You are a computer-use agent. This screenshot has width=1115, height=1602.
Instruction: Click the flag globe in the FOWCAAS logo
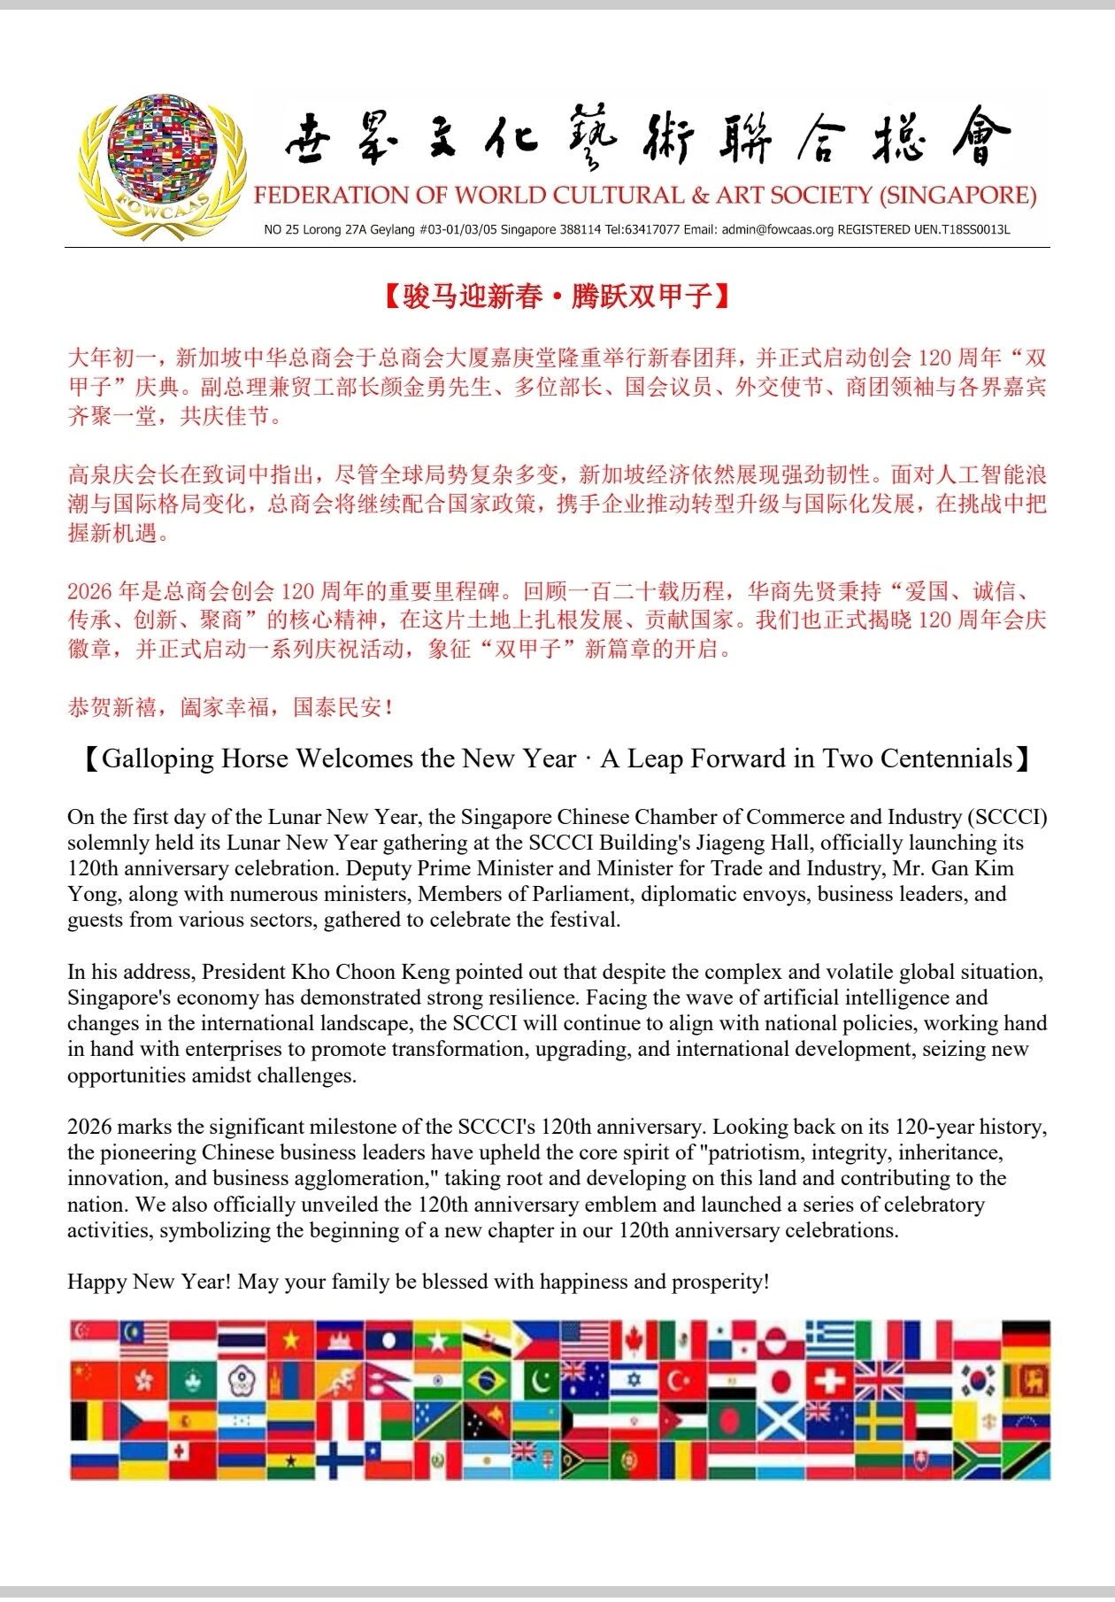point(162,151)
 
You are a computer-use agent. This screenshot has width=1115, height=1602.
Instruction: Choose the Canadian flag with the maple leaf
point(633,1341)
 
